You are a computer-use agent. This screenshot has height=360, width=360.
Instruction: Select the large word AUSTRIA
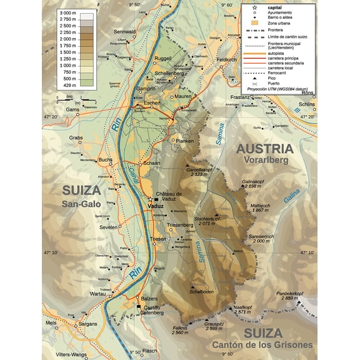264,148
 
